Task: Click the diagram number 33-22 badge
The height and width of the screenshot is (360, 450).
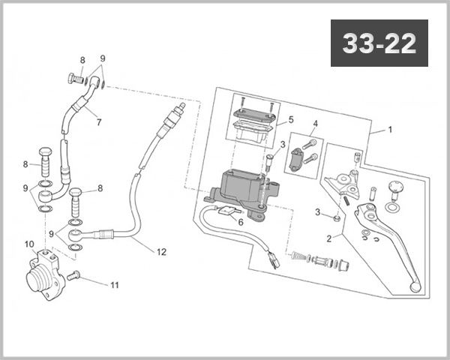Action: point(379,43)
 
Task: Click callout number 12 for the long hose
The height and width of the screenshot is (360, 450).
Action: point(161,252)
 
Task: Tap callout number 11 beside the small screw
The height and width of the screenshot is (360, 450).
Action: point(115,285)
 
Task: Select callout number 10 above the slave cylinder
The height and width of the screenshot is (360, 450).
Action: point(29,244)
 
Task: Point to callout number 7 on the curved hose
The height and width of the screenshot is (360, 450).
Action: point(99,122)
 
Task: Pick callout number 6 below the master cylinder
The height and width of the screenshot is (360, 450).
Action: point(241,222)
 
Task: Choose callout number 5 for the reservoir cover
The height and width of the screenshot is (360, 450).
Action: point(291,119)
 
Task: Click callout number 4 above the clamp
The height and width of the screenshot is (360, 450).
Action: point(316,124)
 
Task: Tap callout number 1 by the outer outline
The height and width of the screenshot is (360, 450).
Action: point(390,130)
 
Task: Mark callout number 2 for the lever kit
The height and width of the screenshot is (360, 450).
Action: point(329,238)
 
